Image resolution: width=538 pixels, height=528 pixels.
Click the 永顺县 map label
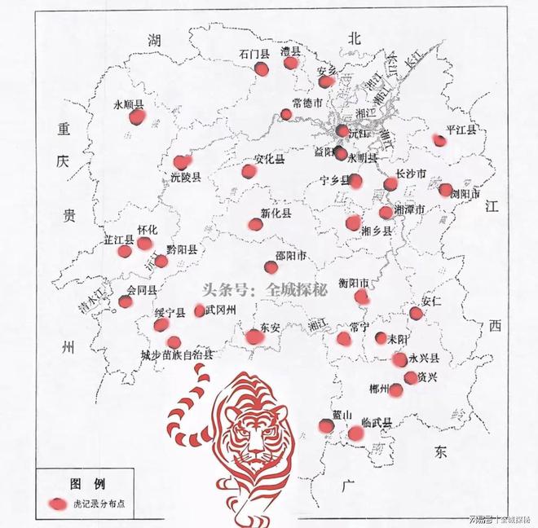click(129, 104)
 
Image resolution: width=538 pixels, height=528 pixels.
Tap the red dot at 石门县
click(262, 69)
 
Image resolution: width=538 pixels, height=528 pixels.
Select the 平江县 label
click(461, 130)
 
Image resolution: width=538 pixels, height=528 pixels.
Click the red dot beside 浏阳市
click(445, 190)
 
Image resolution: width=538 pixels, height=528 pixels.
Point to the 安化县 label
click(270, 159)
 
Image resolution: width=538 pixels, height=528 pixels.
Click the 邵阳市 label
click(291, 256)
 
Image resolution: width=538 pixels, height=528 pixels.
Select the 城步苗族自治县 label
click(178, 355)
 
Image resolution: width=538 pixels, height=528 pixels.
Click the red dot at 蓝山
click(326, 425)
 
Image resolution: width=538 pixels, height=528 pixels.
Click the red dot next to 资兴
click(411, 377)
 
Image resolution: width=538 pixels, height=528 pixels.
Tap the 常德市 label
click(308, 103)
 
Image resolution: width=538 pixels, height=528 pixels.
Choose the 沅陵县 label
click(186, 175)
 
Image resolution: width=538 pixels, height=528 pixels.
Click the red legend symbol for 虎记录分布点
click(58, 504)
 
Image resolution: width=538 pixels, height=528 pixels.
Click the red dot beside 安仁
click(417, 314)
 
